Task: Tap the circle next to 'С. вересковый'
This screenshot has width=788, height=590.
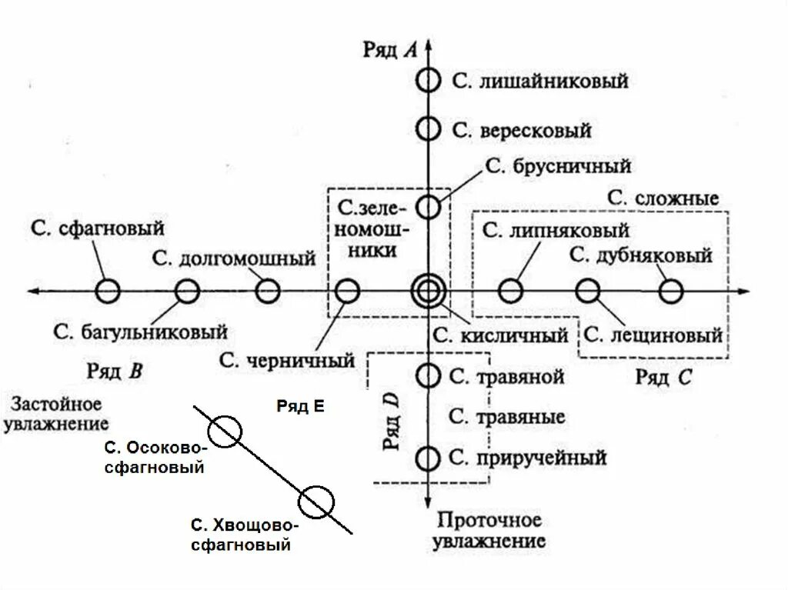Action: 428,129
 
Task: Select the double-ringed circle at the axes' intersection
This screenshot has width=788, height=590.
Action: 427,291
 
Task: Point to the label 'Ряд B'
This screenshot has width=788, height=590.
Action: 114,372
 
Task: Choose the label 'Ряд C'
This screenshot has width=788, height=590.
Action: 663,377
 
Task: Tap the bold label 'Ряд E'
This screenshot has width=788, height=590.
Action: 300,407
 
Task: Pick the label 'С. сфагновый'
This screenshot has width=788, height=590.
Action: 98,228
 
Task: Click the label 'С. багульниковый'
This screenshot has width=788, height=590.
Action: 141,332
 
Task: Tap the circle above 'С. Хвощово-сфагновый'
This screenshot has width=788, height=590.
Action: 316,502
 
